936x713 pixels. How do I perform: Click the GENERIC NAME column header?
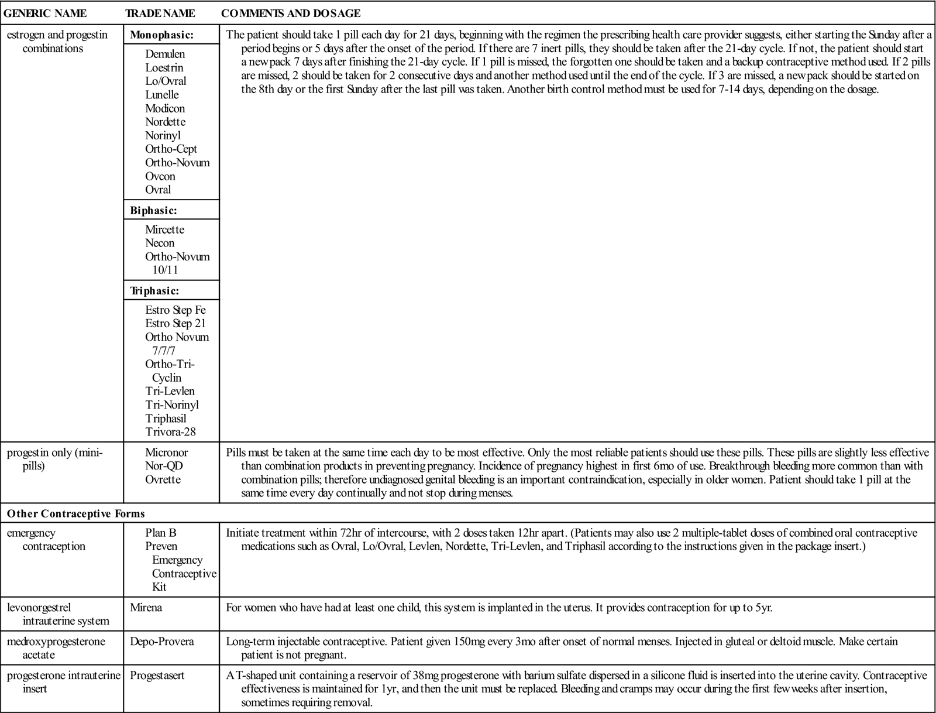pos(45,13)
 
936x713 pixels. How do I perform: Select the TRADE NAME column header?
pos(160,13)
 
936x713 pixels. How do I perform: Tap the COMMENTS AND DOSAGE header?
pos(291,13)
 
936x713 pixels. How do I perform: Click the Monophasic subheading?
pos(161,35)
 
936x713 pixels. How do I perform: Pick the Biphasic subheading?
pos(153,210)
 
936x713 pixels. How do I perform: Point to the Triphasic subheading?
pos(154,290)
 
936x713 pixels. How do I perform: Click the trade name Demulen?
pos(165,54)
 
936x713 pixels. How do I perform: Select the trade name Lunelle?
pos(162,95)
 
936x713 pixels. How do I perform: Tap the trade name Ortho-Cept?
pos(171,149)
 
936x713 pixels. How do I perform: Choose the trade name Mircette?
pos(164,229)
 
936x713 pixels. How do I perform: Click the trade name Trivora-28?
pos(170,432)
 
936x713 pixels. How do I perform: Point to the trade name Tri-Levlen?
pos(170,391)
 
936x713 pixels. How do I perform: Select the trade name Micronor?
pos(167,453)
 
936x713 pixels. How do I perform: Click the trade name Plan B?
pos(161,533)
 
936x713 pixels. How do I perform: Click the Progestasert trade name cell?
pos(157,676)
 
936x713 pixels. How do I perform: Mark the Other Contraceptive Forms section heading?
pos(75,513)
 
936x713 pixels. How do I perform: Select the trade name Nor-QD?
pos(164,466)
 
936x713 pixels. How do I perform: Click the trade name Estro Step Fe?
pos(175,310)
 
